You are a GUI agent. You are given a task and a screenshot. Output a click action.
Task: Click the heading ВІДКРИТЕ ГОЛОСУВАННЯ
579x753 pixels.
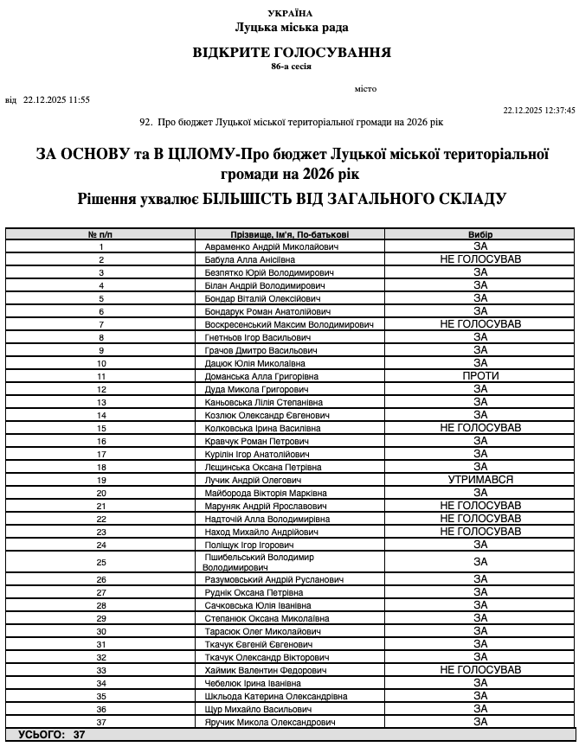pos(292,53)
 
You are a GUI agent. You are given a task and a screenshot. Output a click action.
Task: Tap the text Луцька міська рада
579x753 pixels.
pos(291,28)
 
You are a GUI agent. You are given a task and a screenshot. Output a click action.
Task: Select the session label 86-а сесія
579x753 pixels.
pos(291,67)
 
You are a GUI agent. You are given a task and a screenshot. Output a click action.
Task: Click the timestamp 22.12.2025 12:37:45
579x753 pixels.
pos(539,111)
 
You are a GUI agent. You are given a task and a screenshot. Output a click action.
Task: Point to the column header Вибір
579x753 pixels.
pos(480,234)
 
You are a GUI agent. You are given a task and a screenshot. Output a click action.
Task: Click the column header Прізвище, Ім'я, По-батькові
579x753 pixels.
pos(290,234)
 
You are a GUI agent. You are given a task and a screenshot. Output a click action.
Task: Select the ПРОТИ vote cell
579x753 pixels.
pos(480,376)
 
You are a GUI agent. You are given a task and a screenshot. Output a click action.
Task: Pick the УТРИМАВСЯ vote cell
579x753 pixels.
pos(480,480)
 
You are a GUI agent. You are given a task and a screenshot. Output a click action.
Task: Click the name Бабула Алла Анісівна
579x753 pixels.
pos(249,259)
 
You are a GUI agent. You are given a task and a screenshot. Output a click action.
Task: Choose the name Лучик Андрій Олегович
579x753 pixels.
pos(252,480)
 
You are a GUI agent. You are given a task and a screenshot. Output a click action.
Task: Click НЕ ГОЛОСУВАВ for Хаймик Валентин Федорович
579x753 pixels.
pos(480,670)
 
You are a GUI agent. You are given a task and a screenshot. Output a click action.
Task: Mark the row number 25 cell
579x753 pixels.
pos(101,562)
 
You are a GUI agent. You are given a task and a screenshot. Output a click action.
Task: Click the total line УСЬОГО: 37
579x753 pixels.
pos(51,734)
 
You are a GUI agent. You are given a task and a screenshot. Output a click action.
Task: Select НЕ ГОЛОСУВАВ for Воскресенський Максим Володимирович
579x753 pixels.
pos(480,324)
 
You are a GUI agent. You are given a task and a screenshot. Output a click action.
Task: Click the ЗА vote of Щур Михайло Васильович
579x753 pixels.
pos(480,709)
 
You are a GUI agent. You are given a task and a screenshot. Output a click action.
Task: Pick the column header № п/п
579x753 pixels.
pos(101,234)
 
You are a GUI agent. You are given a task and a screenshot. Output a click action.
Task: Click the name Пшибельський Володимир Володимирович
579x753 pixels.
pos(260,562)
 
